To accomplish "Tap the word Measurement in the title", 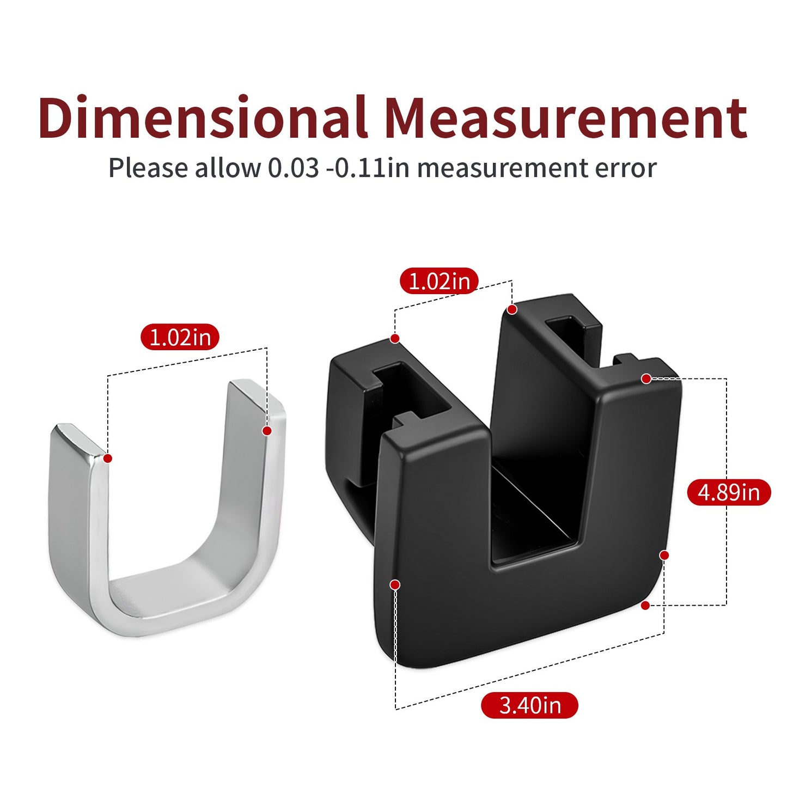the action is (566, 117).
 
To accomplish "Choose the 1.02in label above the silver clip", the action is (180, 337).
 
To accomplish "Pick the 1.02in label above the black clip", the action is (439, 282).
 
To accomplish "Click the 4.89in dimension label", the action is (729, 492).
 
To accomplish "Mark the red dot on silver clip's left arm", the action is (108, 458).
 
